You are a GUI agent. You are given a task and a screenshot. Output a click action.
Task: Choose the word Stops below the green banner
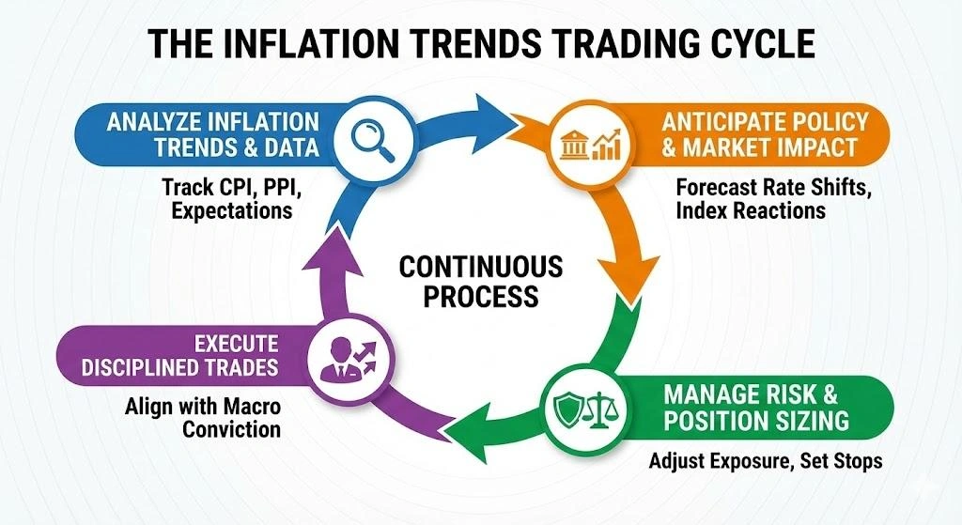point(855,463)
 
